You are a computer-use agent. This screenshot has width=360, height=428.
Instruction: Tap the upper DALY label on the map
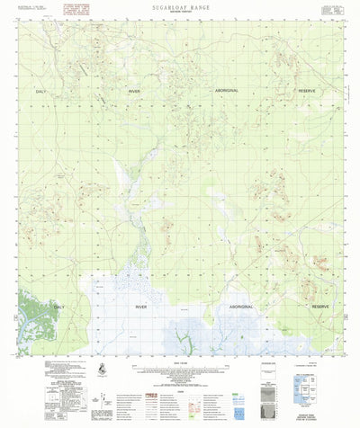40,92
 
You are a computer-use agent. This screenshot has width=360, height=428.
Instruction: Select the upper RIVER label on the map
134,92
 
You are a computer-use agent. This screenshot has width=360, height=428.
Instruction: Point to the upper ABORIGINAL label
228,92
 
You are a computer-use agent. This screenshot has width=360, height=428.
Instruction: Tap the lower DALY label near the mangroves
58,307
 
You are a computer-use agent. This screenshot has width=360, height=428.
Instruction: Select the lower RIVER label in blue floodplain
141,307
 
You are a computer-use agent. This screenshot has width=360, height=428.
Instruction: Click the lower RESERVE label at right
320,307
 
